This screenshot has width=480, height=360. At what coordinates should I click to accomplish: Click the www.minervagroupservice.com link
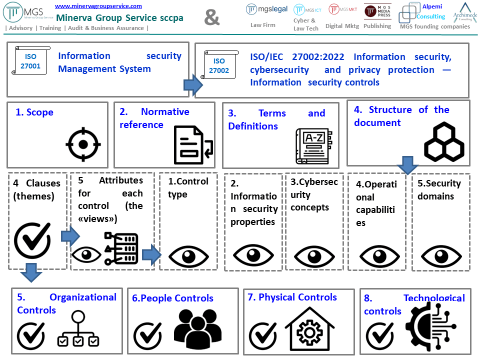(98, 6)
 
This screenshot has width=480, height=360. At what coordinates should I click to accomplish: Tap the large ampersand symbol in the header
(212, 17)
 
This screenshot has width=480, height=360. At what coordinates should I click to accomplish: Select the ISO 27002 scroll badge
(218, 66)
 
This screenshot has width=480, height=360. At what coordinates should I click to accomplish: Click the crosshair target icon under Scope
(83, 144)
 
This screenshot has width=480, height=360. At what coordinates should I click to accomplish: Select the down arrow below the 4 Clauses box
(31, 272)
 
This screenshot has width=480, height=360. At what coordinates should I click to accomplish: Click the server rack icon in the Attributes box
(121, 248)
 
